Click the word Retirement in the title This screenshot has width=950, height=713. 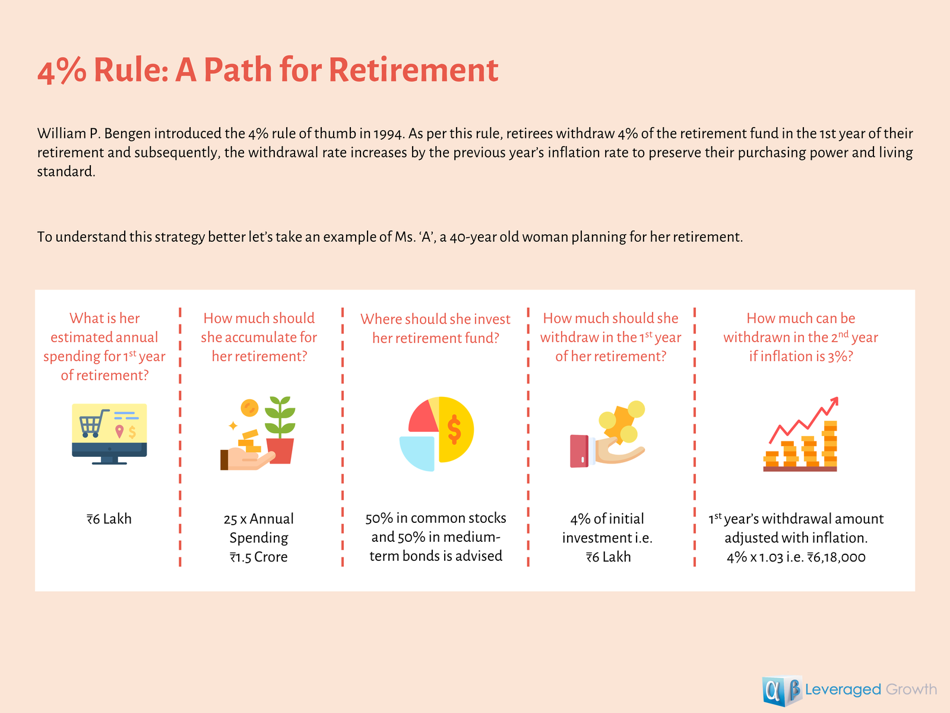tap(413, 70)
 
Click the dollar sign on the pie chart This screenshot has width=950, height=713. tap(454, 429)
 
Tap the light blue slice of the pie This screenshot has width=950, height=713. tap(417, 453)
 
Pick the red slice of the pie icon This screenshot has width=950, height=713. tap(423, 416)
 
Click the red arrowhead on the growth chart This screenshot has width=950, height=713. tap(834, 401)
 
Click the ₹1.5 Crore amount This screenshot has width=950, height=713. tap(258, 557)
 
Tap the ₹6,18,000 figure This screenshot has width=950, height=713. tap(836, 557)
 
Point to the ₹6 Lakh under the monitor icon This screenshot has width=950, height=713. tap(109, 519)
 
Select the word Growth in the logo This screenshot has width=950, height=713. tap(911, 689)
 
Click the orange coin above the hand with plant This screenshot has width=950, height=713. tap(249, 408)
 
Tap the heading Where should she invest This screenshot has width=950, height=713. tap(435, 319)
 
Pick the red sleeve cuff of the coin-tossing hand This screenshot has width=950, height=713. tap(579, 451)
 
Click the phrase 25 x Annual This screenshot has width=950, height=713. tap(258, 519)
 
